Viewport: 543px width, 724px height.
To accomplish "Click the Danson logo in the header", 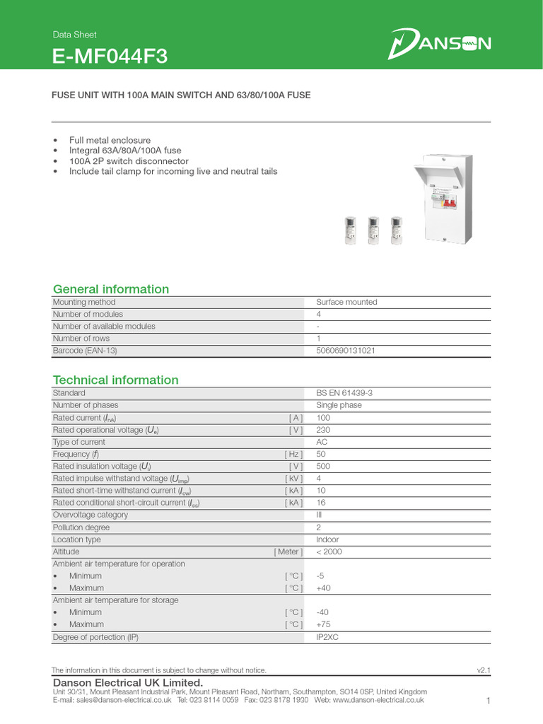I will point(439,45).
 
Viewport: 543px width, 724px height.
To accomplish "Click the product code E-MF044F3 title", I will point(110,56).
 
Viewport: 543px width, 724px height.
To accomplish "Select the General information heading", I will point(111,289).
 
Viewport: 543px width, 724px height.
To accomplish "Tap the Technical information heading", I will point(116,380).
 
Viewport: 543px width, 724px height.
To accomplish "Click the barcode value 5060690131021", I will point(346,351).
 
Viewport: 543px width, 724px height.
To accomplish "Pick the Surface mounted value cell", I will point(346,302).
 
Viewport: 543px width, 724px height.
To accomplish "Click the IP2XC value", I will point(329,637).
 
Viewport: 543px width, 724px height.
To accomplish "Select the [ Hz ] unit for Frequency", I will point(293,454).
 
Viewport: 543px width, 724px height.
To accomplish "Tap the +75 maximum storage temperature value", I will point(324,624).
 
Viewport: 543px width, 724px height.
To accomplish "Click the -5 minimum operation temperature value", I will point(320,576).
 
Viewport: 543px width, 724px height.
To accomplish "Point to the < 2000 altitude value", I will point(329,551).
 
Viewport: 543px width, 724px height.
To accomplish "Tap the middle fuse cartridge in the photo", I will point(373,230).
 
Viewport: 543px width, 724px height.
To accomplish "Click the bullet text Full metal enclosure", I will point(110,140).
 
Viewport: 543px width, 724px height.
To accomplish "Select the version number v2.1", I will point(484,670).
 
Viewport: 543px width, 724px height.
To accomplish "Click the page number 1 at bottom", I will point(488,701).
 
